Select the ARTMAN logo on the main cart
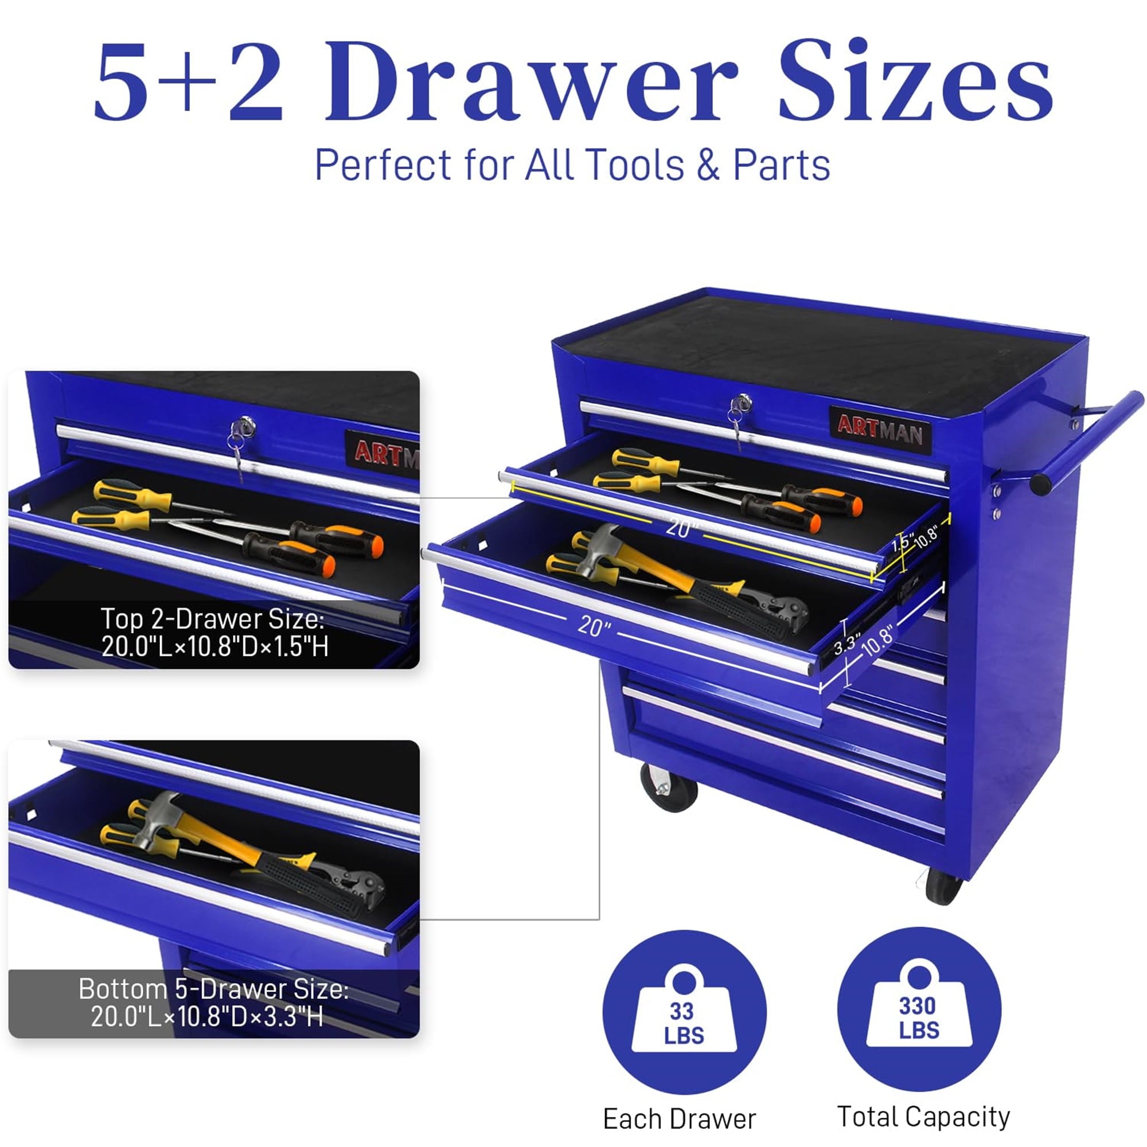[880, 430]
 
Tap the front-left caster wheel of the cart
[670, 787]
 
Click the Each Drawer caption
[679, 1119]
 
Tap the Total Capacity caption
[923, 1117]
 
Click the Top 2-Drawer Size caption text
[214, 632]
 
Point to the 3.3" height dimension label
[846, 643]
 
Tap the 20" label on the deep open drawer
[594, 625]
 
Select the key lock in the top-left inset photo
[243, 426]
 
